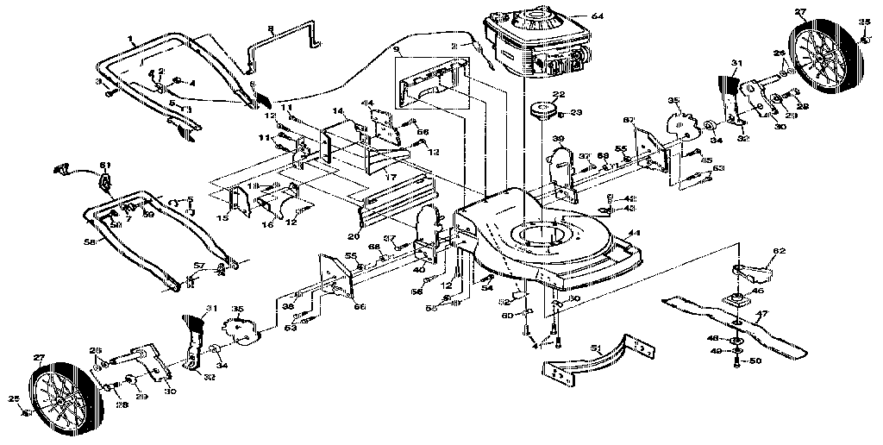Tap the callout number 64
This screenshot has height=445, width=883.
[x=575, y=16]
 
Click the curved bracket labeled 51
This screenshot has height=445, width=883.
[x=595, y=358]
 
